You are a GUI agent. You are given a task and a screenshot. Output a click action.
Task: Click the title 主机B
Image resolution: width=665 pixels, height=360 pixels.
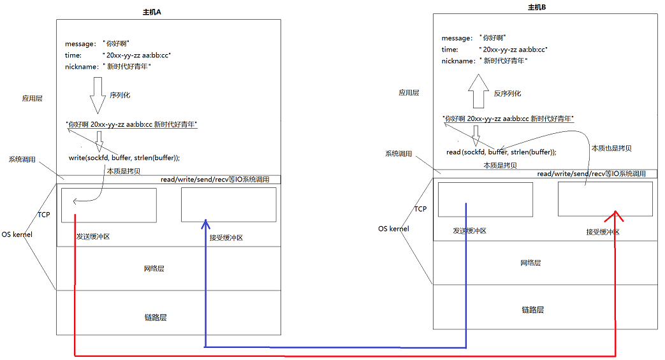[x=537, y=8]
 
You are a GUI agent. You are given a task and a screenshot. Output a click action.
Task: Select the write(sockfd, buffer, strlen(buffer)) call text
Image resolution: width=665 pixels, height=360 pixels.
[x=124, y=157]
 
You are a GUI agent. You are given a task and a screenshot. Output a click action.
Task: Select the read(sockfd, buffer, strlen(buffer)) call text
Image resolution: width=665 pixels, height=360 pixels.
[x=501, y=152]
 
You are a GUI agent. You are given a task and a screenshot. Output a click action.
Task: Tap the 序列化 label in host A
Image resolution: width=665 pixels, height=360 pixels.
[x=120, y=94]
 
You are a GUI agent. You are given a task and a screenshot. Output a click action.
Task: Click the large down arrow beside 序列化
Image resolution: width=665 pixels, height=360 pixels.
[x=98, y=95]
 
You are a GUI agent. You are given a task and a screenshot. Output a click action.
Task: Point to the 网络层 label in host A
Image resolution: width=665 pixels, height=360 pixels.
[x=154, y=269]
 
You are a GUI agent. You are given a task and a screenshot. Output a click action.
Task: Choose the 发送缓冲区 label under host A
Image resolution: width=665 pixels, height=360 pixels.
[x=94, y=236]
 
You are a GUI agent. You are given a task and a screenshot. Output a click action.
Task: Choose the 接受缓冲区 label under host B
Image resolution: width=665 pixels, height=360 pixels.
[x=603, y=232]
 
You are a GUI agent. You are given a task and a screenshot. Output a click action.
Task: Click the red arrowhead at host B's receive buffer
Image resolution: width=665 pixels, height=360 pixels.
[x=615, y=215]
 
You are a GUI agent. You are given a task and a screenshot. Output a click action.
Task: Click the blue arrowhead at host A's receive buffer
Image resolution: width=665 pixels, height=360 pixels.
[x=205, y=224]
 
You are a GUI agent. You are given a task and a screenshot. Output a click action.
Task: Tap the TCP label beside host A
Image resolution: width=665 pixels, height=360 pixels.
[x=43, y=215]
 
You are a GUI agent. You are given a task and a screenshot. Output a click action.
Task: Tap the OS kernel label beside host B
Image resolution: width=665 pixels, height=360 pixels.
[x=393, y=229]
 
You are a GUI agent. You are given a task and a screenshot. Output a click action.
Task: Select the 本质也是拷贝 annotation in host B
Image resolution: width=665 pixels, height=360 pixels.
[x=611, y=148]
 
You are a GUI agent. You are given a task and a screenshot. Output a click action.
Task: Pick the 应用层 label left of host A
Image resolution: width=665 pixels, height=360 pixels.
[x=33, y=99]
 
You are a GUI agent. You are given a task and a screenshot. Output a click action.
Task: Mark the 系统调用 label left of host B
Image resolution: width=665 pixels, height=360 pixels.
[x=398, y=154]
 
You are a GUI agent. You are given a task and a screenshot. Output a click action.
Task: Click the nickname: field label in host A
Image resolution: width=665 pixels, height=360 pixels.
[x=81, y=66]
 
